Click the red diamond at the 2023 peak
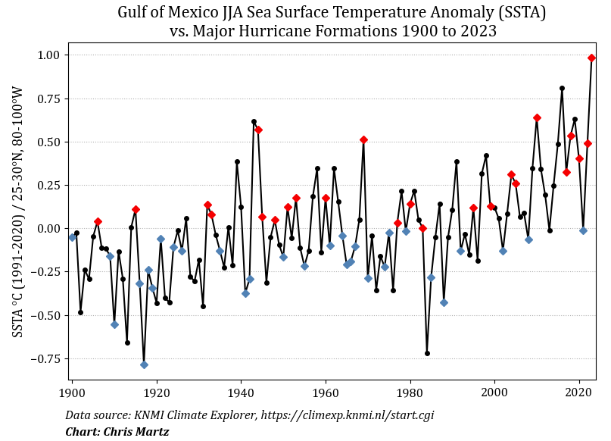[591, 58]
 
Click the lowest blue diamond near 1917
[144, 364]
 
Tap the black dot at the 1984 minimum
[427, 353]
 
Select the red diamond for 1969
[363, 139]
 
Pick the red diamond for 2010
[537, 117]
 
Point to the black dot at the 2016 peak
[562, 88]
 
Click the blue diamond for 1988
[444, 302]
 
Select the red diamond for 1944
[258, 130]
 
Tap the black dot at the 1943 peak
[254, 121]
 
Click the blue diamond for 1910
[114, 324]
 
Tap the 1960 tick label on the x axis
[326, 393]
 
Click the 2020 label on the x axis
[579, 393]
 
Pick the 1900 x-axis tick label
[72, 393]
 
